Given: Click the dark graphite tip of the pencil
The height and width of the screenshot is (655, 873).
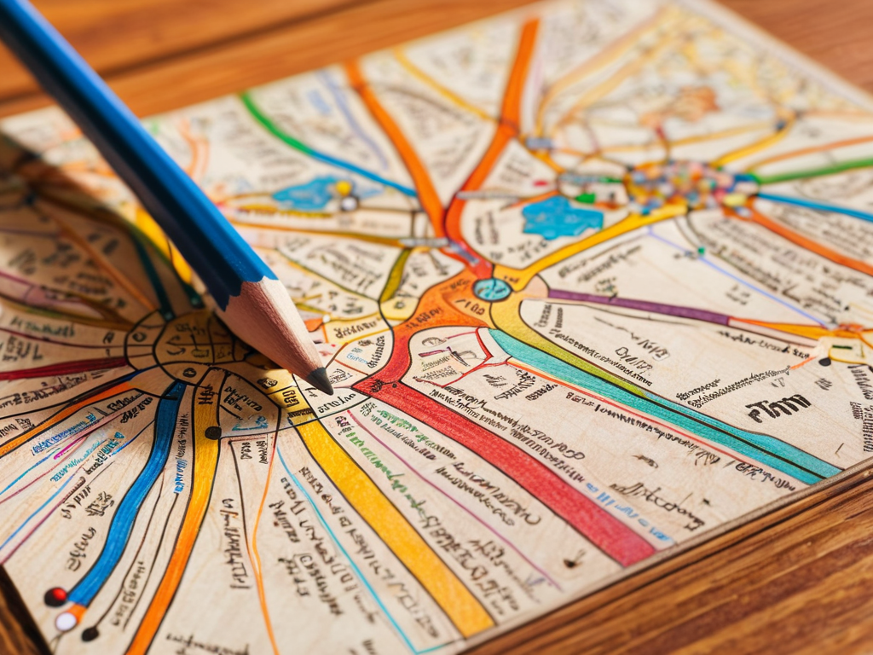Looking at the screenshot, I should pyautogui.click(x=321, y=381).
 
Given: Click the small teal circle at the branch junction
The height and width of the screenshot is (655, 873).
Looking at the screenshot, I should pyautogui.click(x=492, y=289).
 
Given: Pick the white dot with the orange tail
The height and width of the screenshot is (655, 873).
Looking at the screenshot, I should pyautogui.click(x=66, y=621).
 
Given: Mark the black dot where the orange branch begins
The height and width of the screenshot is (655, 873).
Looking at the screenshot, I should pyautogui.click(x=90, y=633).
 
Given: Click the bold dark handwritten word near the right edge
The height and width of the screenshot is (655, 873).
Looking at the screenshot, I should pyautogui.click(x=778, y=408).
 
